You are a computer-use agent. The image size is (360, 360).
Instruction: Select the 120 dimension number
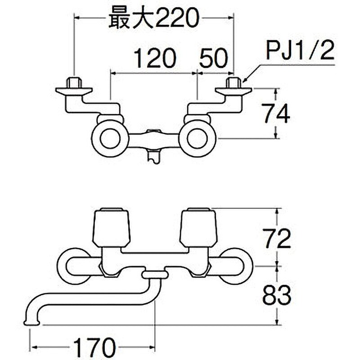155,58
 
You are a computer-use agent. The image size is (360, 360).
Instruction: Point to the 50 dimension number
213,58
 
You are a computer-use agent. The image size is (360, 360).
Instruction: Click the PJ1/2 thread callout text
300,51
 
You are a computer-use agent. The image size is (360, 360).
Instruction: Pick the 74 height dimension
277,113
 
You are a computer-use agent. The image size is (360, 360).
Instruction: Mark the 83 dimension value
277,295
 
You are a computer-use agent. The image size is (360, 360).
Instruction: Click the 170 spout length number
94,346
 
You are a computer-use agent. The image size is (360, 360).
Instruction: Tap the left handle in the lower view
111,227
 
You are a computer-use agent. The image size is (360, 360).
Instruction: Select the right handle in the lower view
198,227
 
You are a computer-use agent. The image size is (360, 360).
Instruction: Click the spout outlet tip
31,323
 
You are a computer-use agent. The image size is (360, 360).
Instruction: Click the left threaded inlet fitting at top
74,83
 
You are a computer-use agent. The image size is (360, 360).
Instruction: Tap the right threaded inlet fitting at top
234,83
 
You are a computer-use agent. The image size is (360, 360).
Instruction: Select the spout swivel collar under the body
155,275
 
